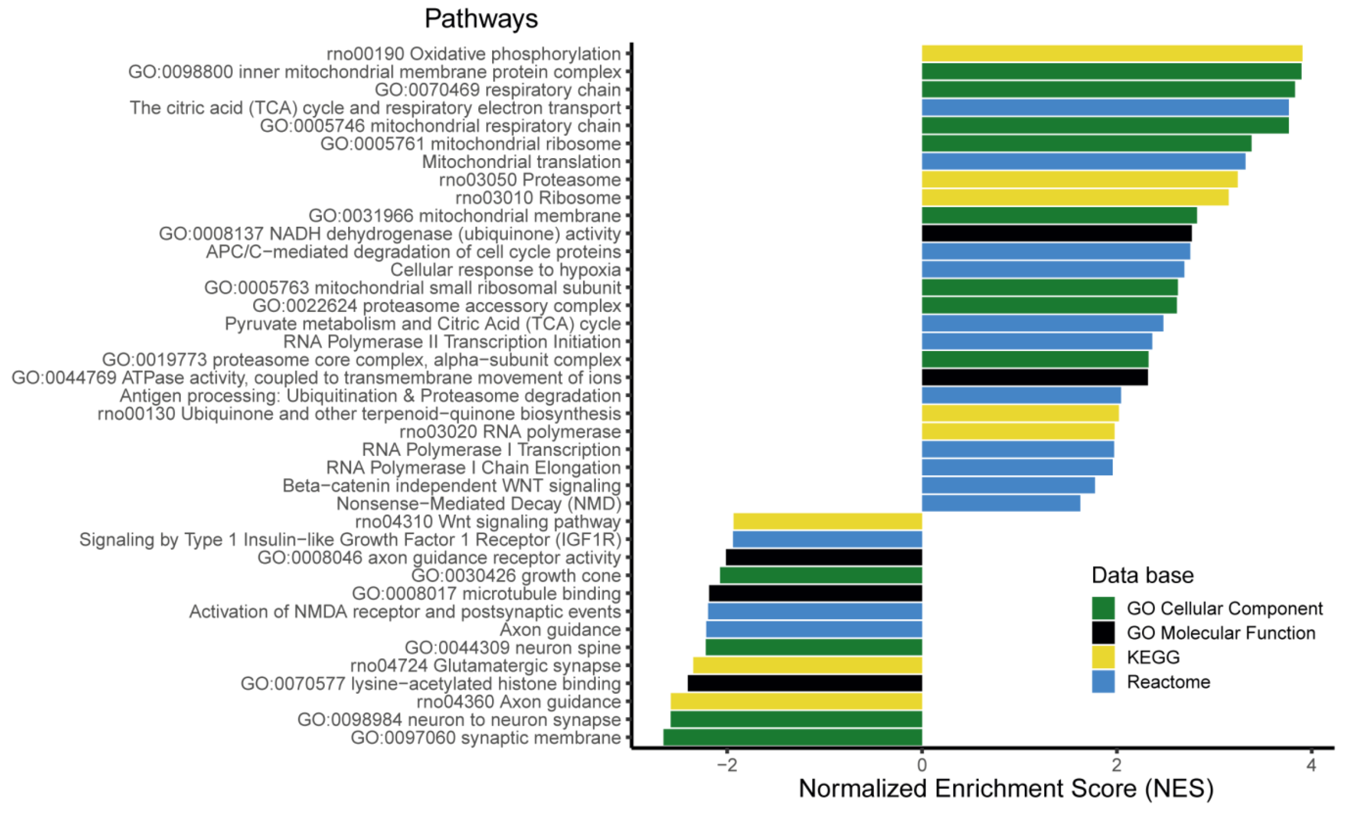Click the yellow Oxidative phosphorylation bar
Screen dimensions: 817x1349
coord(1111,54)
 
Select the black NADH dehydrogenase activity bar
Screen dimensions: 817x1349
coord(1057,234)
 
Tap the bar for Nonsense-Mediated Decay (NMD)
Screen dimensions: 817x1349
coord(1001,503)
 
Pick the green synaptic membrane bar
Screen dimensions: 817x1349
coord(793,737)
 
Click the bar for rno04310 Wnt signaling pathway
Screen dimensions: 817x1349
coord(828,521)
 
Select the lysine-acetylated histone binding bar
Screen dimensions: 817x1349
coord(805,684)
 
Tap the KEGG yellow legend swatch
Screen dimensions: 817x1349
coord(1103,657)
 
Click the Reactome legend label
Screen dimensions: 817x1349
coord(1168,682)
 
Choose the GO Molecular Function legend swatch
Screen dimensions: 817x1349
coord(1103,632)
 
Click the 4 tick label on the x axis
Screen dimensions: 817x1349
coord(1311,765)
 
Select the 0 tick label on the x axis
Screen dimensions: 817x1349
coord(922,765)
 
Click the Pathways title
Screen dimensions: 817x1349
coord(481,18)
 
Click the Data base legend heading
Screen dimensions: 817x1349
coord(1143,575)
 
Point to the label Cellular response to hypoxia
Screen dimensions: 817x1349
coord(505,270)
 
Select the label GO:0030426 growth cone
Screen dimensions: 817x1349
coord(516,575)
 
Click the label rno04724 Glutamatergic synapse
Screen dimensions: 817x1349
coord(485,665)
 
